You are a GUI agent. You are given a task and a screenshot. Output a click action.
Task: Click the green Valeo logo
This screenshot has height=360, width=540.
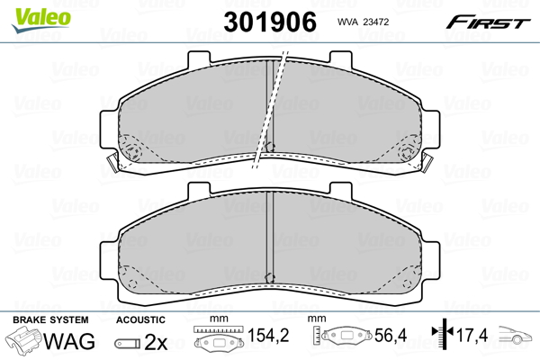pos(41,20)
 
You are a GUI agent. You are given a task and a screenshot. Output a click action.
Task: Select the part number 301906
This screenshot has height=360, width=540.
pos(270,22)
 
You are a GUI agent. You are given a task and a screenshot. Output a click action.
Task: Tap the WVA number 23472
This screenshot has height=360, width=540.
pos(376,22)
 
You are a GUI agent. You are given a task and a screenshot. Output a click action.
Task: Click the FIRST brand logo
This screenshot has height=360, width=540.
pos(488,22)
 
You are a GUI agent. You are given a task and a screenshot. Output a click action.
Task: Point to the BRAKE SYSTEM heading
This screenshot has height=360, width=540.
pos(50,319)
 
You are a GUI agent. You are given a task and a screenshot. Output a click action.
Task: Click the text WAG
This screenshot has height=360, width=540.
pos(69,341)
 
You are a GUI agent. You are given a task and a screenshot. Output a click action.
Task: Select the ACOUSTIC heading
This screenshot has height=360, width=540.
pos(140,319)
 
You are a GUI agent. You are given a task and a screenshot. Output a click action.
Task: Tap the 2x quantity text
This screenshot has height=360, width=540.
pos(156,342)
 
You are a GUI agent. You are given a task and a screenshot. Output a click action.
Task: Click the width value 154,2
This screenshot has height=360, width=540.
pos(268,335)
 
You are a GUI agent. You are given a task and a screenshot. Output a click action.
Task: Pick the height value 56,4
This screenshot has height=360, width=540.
pos(391,335)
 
